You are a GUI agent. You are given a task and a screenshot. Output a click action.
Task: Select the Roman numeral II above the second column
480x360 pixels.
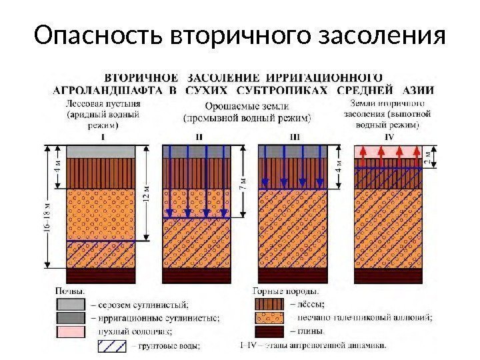[199, 137]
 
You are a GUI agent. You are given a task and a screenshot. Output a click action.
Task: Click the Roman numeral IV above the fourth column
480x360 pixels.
[389, 137]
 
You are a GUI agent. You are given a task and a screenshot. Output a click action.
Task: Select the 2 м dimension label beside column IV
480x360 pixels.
[428, 157]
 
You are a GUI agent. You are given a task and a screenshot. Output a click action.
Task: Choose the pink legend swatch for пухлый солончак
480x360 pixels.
[71, 331]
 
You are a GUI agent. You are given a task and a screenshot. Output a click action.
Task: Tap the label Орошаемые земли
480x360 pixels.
[246, 106]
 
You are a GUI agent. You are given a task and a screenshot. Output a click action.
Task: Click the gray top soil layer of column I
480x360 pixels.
[102, 151]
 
